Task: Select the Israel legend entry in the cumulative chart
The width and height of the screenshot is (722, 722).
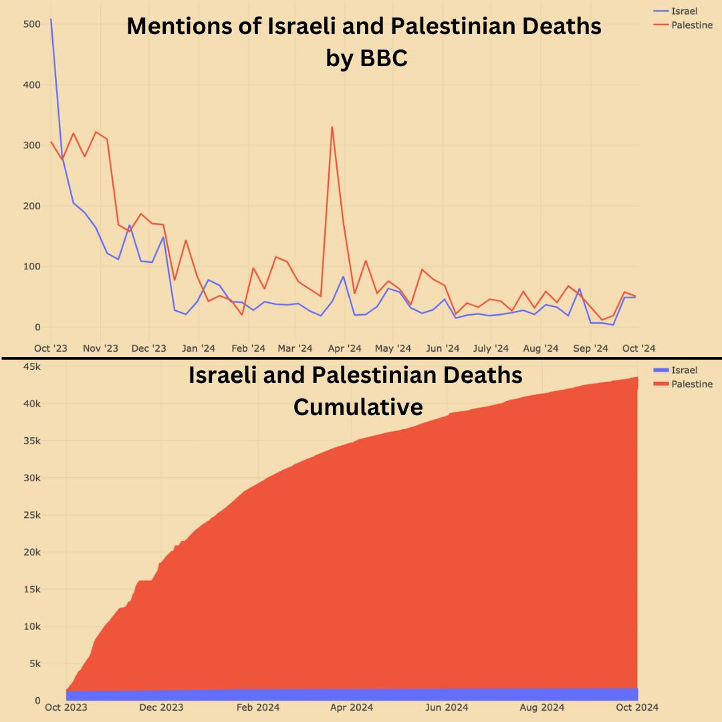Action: point(684,370)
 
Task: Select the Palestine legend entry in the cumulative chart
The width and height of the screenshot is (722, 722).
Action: point(691,384)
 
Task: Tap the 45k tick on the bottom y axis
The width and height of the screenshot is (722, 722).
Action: point(32,366)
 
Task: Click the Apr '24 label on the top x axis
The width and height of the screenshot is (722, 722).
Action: point(345,348)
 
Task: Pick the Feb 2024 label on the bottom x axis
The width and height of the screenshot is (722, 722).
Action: point(258,707)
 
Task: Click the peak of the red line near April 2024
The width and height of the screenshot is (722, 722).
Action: point(332,127)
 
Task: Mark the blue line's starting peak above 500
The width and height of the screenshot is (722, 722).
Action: point(51,19)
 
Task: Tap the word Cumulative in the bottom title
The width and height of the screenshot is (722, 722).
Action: point(358,406)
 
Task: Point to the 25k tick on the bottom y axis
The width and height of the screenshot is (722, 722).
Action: point(32,515)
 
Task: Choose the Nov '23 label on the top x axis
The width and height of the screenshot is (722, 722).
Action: point(101,348)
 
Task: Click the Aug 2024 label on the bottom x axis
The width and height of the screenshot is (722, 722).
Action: point(542,707)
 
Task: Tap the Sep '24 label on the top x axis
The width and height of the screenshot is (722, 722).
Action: point(591,348)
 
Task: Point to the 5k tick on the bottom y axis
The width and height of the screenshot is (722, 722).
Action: point(34,663)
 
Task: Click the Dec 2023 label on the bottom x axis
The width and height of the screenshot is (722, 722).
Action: point(161,707)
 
